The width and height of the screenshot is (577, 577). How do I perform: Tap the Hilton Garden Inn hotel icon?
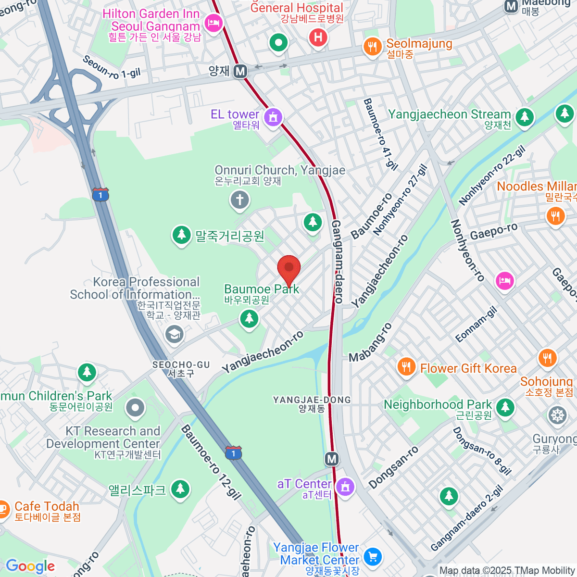click(213, 23)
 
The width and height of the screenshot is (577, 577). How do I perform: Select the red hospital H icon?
click(318, 37)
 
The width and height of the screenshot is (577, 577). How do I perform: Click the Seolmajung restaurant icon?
click(372, 47)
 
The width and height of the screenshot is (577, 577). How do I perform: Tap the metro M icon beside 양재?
click(240, 72)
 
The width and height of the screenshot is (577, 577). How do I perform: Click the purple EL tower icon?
click(273, 117)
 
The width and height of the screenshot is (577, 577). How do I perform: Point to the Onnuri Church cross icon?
click(239, 200)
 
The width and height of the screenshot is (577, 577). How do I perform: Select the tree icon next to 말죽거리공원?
click(181, 235)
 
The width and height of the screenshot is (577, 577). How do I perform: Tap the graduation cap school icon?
click(174, 334)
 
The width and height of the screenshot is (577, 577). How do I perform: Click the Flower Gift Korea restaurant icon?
click(407, 367)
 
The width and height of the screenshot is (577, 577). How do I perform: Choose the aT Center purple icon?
click(344, 487)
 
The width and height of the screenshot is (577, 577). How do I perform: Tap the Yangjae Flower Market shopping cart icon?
click(372, 557)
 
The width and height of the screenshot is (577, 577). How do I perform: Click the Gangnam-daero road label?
click(338, 262)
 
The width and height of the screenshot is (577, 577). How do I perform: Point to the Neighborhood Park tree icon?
click(505, 407)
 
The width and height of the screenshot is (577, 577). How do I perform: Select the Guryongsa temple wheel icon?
click(557, 416)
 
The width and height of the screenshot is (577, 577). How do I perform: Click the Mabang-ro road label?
click(370, 343)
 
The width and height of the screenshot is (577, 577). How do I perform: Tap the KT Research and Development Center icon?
click(135, 408)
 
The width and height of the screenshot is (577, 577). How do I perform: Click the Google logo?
click(30, 566)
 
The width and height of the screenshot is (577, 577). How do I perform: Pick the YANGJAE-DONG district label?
click(312, 400)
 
